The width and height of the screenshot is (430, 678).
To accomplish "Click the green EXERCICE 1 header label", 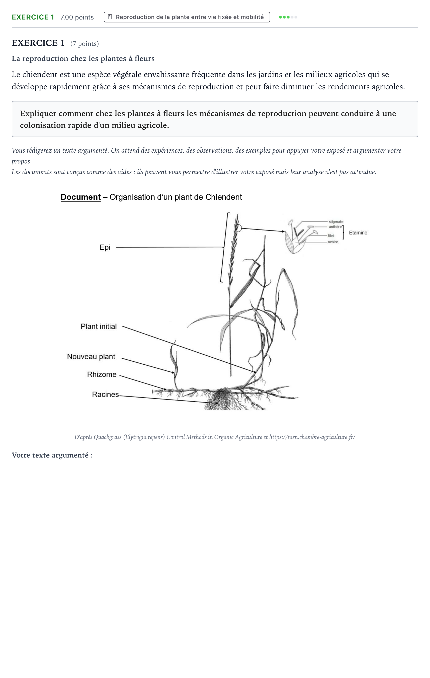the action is tap(33, 17).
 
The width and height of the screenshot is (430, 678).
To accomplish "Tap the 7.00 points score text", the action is tap(77, 17).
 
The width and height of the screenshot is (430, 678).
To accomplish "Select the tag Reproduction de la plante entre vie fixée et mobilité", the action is tap(187, 17).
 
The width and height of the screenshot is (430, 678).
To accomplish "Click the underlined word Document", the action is tap(80, 197).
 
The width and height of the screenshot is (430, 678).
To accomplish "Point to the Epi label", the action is tap(105, 248).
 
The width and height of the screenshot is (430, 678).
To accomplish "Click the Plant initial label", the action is tap(98, 326).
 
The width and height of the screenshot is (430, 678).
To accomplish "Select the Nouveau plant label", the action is tap(91, 357).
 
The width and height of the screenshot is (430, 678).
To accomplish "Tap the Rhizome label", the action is tap(102, 374).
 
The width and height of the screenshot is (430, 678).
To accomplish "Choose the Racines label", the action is tap(106, 394).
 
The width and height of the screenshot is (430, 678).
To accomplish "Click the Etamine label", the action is tap(358, 233).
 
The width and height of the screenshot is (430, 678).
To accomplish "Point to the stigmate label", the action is tap(336, 222).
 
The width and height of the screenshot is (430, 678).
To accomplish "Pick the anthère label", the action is tap(335, 227).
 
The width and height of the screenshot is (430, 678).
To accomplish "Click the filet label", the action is tap(331, 236).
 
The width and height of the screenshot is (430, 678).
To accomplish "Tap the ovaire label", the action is tap(333, 242).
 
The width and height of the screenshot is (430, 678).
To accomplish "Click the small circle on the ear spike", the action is tap(238, 228).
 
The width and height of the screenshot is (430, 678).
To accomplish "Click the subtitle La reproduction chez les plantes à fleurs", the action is tap(83, 59).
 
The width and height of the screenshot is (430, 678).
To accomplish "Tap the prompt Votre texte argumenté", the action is tap(52, 455).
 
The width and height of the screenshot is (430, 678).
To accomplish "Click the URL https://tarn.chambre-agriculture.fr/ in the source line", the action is tap(312, 437).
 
